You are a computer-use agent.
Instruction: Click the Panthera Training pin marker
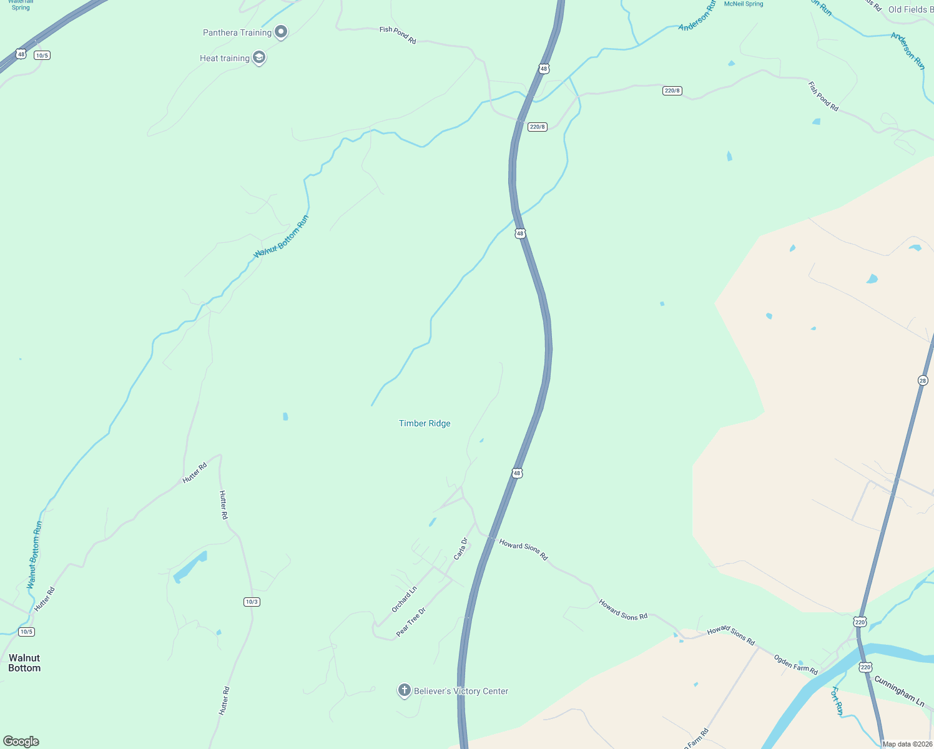pos(281,32)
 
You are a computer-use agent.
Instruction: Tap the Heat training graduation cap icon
pos(259,58)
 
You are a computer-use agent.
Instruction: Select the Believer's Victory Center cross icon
pos(404,690)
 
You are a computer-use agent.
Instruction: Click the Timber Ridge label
pos(425,423)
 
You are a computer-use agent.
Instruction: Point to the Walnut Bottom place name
pos(24,663)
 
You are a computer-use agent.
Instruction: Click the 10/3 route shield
pos(252,602)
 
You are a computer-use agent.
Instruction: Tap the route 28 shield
pos(923,380)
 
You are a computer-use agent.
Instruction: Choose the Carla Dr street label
pos(461,549)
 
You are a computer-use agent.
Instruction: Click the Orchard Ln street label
pos(404,599)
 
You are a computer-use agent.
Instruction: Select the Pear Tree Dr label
pos(411,622)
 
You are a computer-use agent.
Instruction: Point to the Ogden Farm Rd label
pos(795,664)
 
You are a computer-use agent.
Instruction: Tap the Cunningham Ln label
pos(899,691)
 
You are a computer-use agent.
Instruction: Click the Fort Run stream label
pos(837,700)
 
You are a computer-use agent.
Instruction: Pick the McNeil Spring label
pos(743,4)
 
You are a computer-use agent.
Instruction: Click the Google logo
pos(21,742)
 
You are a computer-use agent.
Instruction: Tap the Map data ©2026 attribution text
pos(907,744)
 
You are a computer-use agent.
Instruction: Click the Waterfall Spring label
pos(21,5)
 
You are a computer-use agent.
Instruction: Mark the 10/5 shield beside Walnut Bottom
pos(26,632)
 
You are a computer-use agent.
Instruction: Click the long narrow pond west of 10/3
pos(190,567)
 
